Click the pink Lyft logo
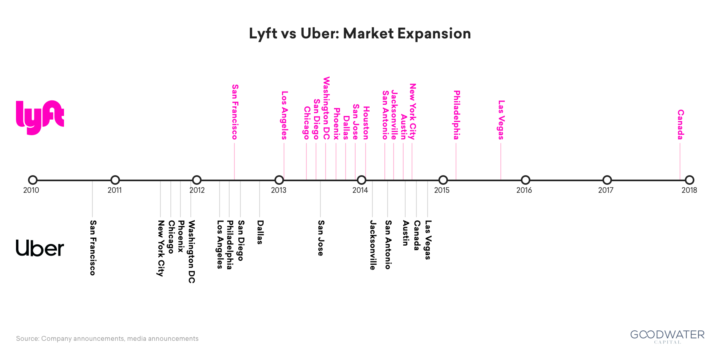pos(40,117)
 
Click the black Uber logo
pos(40,248)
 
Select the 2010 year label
pos(31,190)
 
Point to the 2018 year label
pos(689,190)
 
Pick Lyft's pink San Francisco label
pos(235,112)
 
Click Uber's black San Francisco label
pos(93,248)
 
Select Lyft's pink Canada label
pos(680,124)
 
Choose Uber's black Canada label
pos(416,235)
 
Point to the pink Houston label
pos(366,123)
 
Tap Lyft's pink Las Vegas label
pos(501,120)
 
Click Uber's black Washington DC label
pos(192,252)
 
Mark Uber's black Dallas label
pos(260,232)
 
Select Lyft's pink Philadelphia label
pos(456,115)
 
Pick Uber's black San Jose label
pos(321,238)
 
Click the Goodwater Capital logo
pos(667,336)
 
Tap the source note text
pos(107,338)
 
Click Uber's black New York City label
pos(161,248)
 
